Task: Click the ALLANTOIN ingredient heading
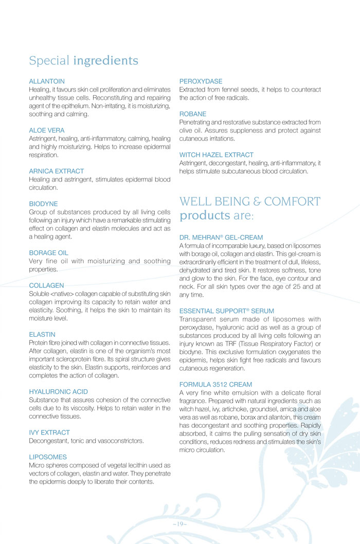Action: click(x=47, y=81)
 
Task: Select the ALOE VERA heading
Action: click(x=47, y=131)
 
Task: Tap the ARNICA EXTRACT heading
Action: click(x=57, y=171)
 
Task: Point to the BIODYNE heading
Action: click(x=44, y=204)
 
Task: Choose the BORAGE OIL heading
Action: click(x=49, y=253)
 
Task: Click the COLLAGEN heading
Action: click(x=47, y=285)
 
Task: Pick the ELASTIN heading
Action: click(x=42, y=334)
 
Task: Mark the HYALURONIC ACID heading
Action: click(x=58, y=392)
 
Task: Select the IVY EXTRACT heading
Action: click(x=49, y=432)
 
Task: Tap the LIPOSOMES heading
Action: click(x=47, y=457)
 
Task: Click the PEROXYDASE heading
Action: click(x=201, y=81)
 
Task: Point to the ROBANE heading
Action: click(x=193, y=114)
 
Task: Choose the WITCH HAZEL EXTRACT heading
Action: click(x=217, y=154)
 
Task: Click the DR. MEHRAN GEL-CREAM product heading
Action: click(x=221, y=238)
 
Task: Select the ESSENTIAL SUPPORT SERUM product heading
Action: click(x=227, y=311)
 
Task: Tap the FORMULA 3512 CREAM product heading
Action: click(x=215, y=384)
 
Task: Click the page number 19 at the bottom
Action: click(x=179, y=523)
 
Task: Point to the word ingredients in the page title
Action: click(x=105, y=61)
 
